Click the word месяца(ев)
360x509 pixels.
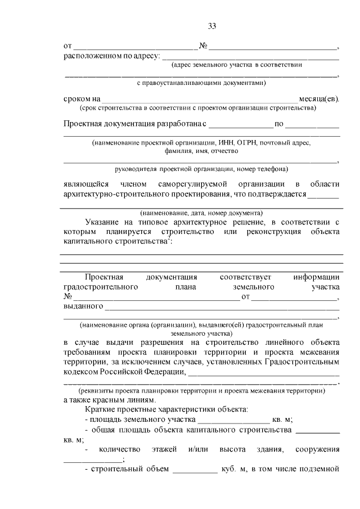click(322, 98)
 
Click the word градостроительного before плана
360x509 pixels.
click(101, 287)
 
